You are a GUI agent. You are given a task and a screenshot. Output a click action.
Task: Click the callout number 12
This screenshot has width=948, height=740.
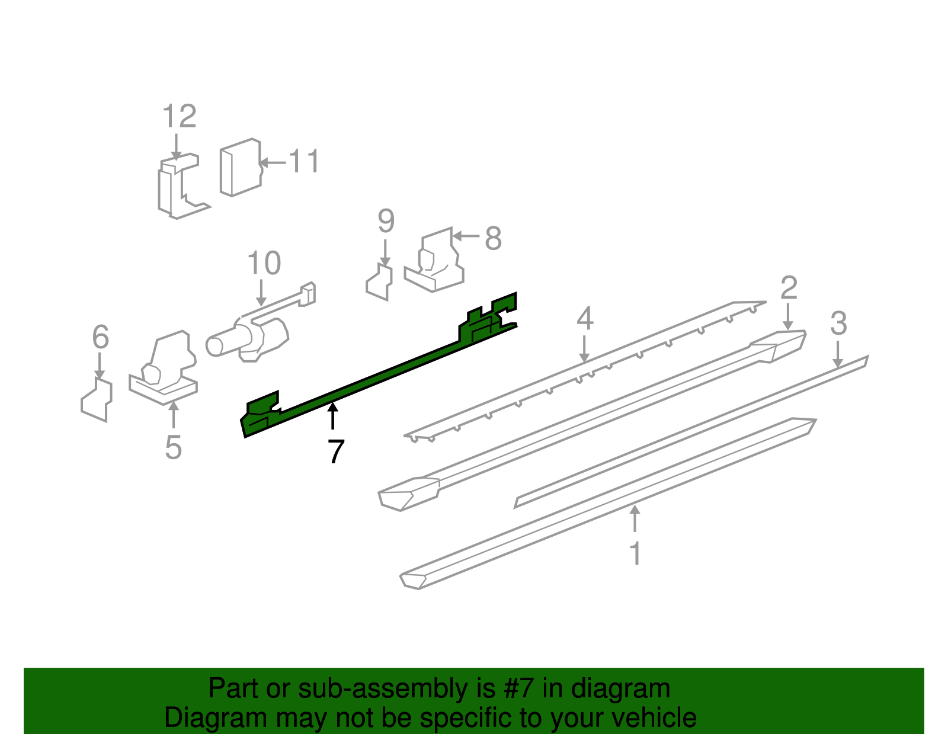[x=180, y=116]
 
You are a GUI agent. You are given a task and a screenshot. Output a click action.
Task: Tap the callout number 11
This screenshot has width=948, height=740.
[x=304, y=161]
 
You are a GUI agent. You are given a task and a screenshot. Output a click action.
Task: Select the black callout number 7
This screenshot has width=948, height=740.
[x=335, y=451]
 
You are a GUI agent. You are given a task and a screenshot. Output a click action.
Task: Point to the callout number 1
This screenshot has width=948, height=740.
[x=636, y=553]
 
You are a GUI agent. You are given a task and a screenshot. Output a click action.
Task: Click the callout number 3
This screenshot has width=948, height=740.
[x=838, y=323]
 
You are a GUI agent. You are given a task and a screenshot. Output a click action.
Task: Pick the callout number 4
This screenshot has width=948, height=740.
[x=585, y=318]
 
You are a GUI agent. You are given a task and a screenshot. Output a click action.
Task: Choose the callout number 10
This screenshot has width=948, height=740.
[x=264, y=262]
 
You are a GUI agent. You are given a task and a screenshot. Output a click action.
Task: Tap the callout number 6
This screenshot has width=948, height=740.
[x=100, y=337]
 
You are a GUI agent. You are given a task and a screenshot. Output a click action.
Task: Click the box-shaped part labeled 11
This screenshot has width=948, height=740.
[x=241, y=168]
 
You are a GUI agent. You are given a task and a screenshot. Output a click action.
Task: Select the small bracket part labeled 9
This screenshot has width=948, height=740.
[x=379, y=281]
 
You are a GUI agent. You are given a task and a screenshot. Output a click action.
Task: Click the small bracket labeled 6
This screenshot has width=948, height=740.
[x=97, y=400]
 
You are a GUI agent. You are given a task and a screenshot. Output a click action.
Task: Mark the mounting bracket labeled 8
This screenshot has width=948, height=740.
[x=434, y=260]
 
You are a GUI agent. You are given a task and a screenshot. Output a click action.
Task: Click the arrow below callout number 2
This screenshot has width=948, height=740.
[x=788, y=316]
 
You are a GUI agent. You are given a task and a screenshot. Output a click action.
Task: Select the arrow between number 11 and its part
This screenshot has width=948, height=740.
[x=273, y=163]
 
